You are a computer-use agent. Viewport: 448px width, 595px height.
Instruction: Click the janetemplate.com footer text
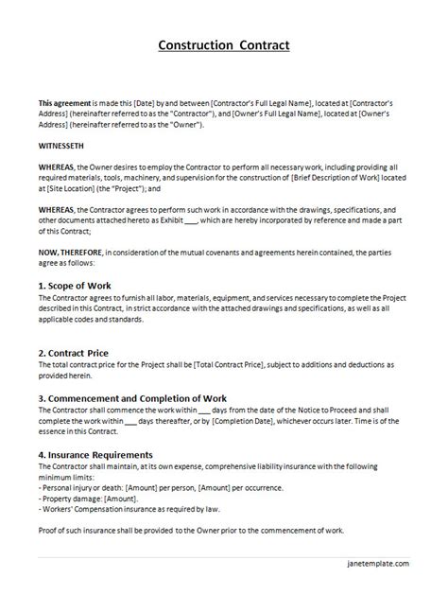tap(375, 563)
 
